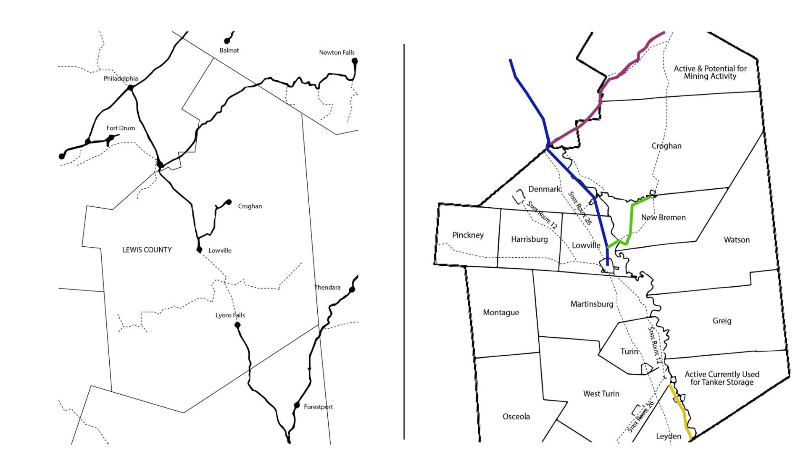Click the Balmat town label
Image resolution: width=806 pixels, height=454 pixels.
pyautogui.click(x=229, y=50)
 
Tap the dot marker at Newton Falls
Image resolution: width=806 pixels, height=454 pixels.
pyautogui.click(x=355, y=61)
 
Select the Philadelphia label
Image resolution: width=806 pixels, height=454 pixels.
pyautogui.click(x=121, y=79)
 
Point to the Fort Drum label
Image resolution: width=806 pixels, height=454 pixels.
pyautogui.click(x=121, y=128)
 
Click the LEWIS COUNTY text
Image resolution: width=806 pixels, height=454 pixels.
pyautogui.click(x=147, y=250)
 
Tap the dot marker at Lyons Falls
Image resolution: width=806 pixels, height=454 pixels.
pyautogui.click(x=237, y=325)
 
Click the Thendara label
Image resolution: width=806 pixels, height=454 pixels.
pyautogui.click(x=327, y=288)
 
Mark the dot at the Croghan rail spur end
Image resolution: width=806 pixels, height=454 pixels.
pyautogui.click(x=229, y=202)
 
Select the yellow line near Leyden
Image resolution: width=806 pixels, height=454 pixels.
pyautogui.click(x=680, y=410)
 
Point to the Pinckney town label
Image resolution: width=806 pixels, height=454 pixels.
pyautogui.click(x=468, y=235)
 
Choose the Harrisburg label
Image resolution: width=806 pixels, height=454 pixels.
pyautogui.click(x=529, y=239)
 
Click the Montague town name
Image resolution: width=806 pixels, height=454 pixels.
pyautogui.click(x=501, y=312)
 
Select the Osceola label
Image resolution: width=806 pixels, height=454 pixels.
pyautogui.click(x=516, y=417)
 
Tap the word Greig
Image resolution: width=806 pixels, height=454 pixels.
pyautogui.click(x=722, y=321)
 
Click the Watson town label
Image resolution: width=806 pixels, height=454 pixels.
pyautogui.click(x=736, y=240)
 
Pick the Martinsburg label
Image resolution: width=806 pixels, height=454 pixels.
pyautogui.click(x=592, y=304)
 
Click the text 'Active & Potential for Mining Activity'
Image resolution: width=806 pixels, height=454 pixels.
pyautogui.click(x=710, y=72)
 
